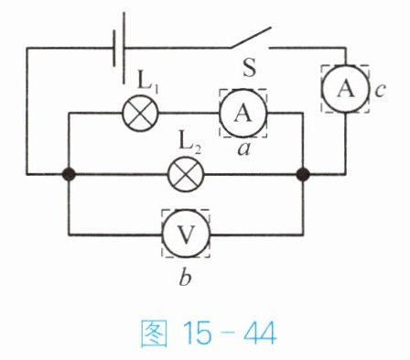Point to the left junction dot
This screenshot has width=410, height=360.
[x=69, y=174]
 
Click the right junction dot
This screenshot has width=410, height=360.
[x=303, y=174]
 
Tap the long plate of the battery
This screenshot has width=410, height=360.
[x=124, y=48]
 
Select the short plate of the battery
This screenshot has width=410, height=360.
[x=114, y=48]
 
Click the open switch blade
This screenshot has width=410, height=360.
[x=251, y=38]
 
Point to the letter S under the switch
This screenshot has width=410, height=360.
[x=249, y=68]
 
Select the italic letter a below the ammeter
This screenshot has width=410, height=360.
[x=243, y=149]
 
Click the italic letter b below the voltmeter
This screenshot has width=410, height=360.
[x=185, y=277]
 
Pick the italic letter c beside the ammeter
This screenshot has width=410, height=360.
[x=380, y=91]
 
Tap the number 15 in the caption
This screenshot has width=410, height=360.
[x=197, y=333]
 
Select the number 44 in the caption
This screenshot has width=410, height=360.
[x=260, y=333]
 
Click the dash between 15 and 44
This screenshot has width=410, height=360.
[x=227, y=333]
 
